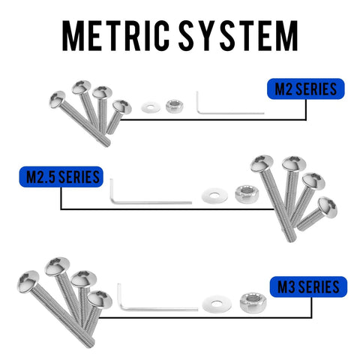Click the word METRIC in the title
click(115, 36)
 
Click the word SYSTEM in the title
click(238, 36)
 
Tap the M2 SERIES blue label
click(306, 89)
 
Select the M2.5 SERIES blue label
click(61, 177)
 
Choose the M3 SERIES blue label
click(308, 286)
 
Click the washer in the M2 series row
click(151, 107)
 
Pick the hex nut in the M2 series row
click(175, 106)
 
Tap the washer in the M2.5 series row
click(214, 195)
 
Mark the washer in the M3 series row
click(217, 304)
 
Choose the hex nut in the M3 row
click(253, 303)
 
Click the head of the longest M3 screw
click(28, 281)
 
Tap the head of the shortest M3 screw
click(100, 299)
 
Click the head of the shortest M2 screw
click(122, 107)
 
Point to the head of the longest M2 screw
click(57, 100)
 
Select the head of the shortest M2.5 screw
click(328, 207)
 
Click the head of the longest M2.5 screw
click(262, 163)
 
